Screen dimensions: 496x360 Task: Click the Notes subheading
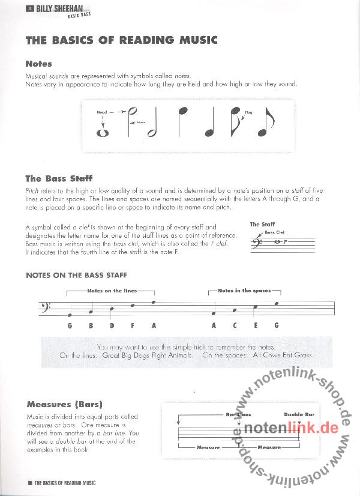point(38,64)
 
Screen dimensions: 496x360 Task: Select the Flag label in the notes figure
point(248,112)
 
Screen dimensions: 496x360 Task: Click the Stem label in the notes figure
point(141,122)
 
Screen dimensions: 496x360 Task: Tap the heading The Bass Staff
point(59,178)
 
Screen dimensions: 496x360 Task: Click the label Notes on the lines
point(112,291)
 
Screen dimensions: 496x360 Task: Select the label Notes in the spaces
point(244,291)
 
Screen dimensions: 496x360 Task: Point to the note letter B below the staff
point(91,325)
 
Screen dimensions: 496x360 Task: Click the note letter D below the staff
point(112,325)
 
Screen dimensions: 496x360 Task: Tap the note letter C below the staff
point(235,325)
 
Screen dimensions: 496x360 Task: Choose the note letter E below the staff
point(256,325)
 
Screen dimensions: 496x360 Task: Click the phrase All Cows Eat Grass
point(283,355)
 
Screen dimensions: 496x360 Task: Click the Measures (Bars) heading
point(64,404)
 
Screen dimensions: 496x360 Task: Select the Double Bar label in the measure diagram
point(299,414)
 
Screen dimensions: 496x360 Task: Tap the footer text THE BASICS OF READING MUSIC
point(65,483)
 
